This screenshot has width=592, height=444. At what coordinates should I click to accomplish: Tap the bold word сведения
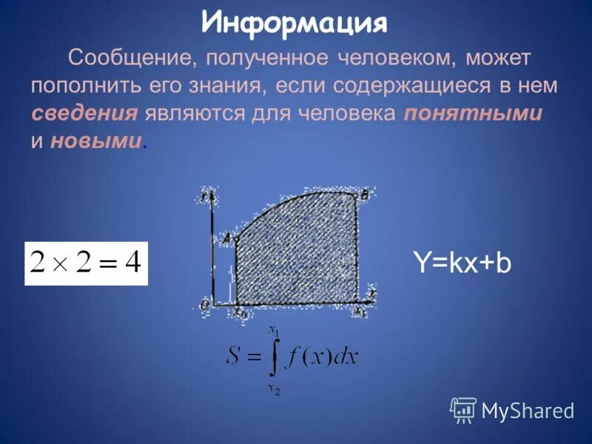tap(84, 113)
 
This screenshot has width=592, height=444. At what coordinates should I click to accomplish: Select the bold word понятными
tap(474, 113)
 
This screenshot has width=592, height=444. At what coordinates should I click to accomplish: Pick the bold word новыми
tap(95, 141)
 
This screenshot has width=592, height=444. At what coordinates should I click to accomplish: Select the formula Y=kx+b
tap(462, 263)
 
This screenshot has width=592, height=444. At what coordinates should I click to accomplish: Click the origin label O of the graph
tap(203, 304)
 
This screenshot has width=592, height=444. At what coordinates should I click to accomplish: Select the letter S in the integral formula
tap(235, 357)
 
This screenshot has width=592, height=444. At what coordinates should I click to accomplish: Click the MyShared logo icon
tap(463, 409)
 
